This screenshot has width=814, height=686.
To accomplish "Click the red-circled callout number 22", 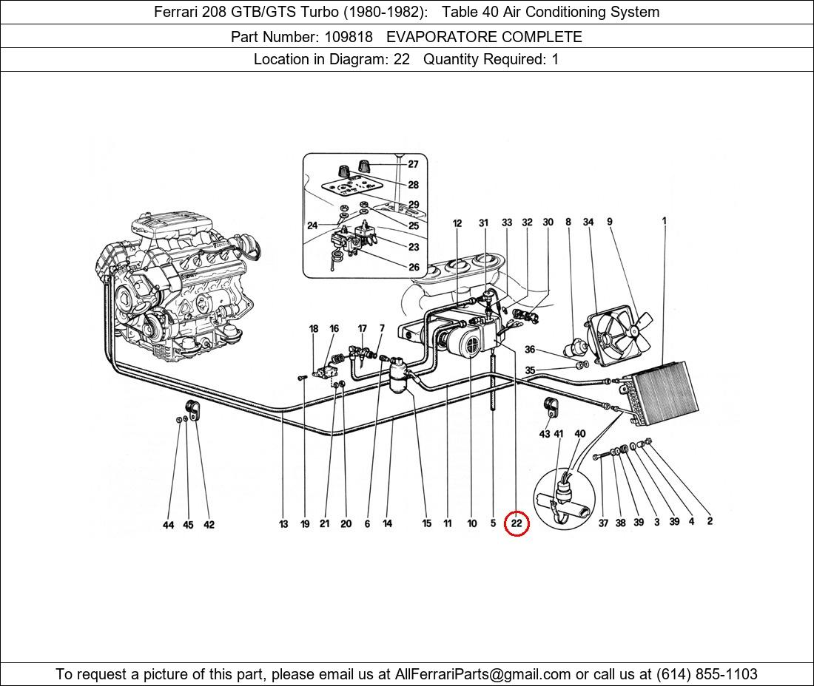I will [x=516, y=523].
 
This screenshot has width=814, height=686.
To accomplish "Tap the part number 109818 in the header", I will [x=349, y=37].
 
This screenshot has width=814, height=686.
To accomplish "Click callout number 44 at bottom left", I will [x=169, y=525].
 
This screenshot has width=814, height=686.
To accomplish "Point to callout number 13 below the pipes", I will [x=283, y=524].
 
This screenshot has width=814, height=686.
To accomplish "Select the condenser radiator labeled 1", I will [x=665, y=392].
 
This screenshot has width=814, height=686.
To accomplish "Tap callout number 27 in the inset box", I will [x=413, y=164].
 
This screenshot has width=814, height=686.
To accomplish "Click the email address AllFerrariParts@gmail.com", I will [x=483, y=674].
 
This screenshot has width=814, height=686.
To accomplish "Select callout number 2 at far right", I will [x=710, y=521].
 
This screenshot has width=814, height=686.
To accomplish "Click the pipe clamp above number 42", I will [x=192, y=409].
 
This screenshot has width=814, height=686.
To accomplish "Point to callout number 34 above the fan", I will [x=588, y=222].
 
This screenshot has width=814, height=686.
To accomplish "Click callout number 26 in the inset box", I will [x=413, y=268].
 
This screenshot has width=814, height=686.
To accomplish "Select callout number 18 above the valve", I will [x=314, y=329].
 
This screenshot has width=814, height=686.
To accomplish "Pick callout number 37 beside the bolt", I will [x=603, y=523].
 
